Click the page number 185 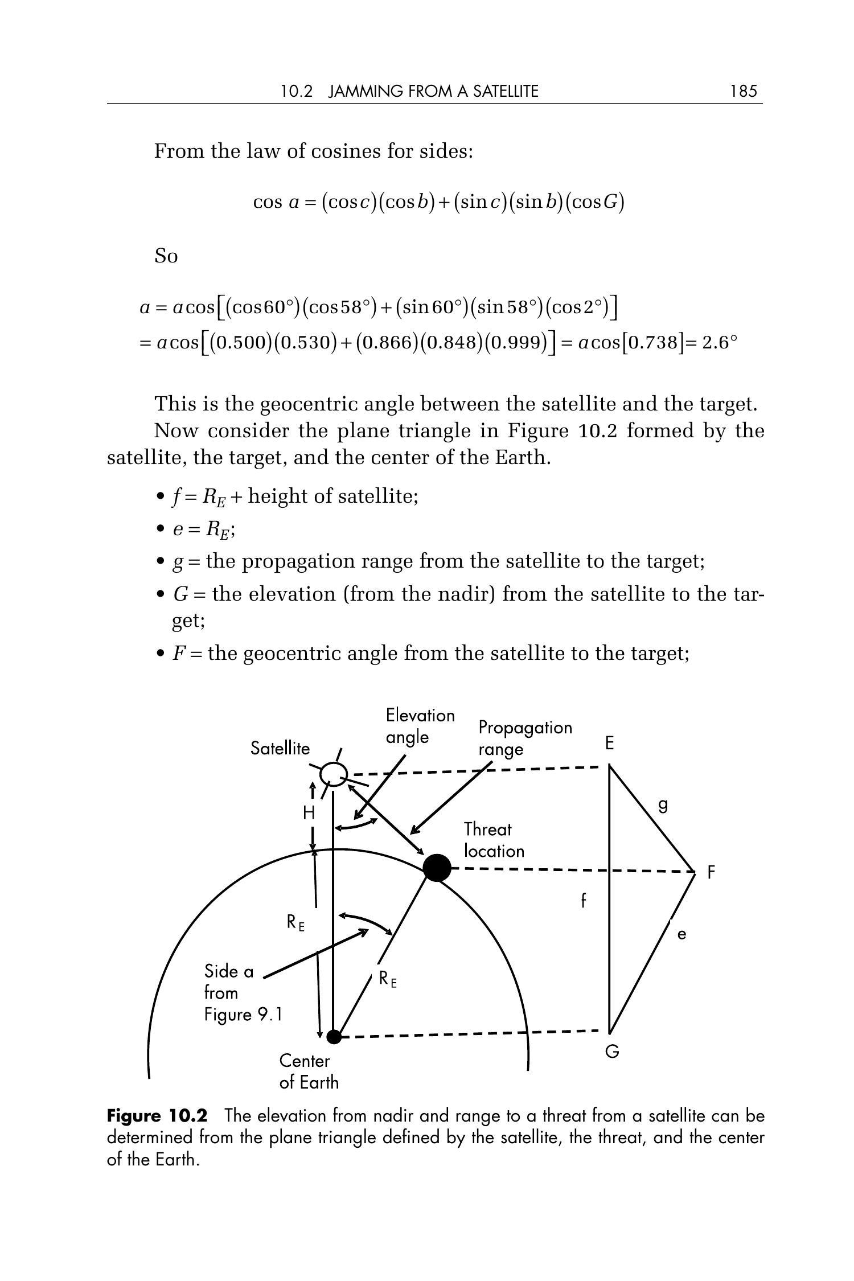[x=744, y=91]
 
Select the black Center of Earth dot [x=334, y=1036]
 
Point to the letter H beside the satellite [x=309, y=813]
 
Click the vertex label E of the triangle [x=610, y=744]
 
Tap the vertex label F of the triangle [x=711, y=872]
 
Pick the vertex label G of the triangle [x=612, y=1052]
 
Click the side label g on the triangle [x=663, y=806]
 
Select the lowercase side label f [x=583, y=901]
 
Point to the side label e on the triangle [x=682, y=934]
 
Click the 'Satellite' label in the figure [x=280, y=748]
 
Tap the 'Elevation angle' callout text [x=420, y=726]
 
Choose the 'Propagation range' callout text [x=525, y=738]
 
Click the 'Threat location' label [x=494, y=840]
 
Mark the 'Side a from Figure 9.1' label [x=243, y=992]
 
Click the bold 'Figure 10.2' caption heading [x=157, y=1115]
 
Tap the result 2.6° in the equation [x=720, y=342]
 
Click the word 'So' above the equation [x=166, y=256]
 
